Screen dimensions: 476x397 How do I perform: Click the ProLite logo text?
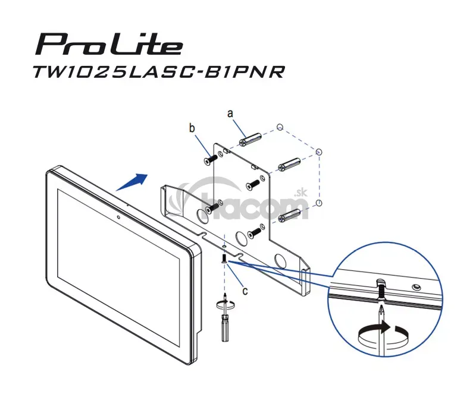click(109, 45)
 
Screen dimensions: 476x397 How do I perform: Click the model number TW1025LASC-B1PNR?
click(159, 71)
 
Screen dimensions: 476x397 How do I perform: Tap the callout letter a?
click(230, 114)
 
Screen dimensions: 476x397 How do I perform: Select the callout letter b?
click(192, 128)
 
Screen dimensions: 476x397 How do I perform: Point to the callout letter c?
click(245, 291)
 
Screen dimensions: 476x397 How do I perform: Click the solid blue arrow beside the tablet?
click(131, 182)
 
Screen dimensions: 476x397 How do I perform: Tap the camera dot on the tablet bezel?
click(118, 217)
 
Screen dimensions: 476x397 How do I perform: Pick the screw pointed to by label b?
click(210, 160)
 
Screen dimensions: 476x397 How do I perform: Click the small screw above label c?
click(224, 259)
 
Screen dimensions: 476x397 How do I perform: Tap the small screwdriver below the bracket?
click(225, 321)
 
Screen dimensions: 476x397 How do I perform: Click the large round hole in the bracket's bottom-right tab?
click(280, 261)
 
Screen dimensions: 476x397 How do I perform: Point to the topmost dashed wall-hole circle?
click(280, 127)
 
